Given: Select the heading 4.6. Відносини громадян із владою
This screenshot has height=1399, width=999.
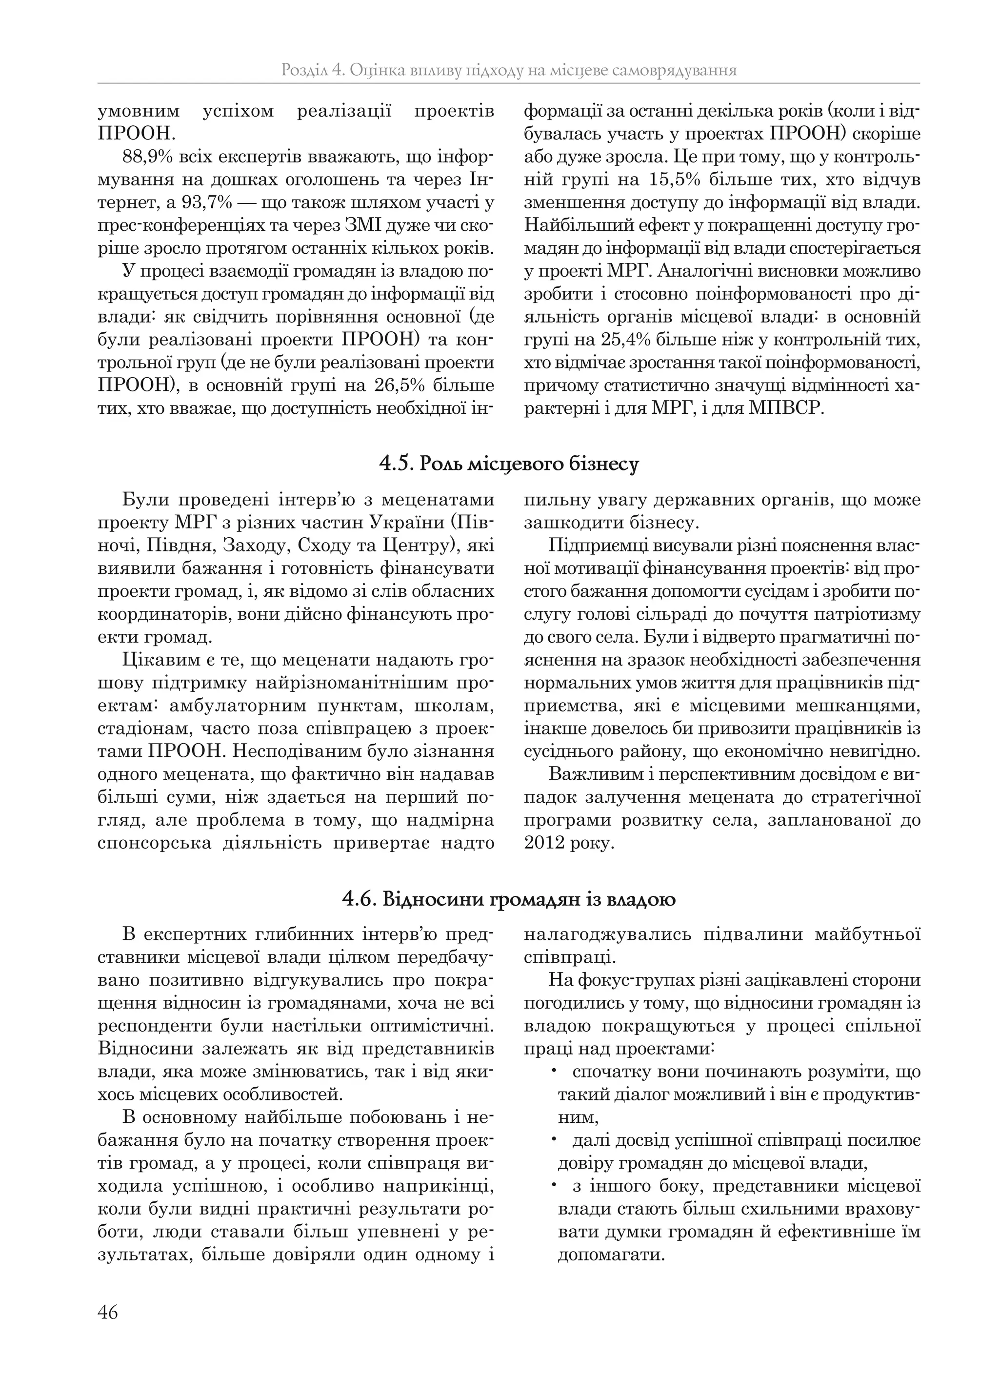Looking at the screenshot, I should tap(509, 899).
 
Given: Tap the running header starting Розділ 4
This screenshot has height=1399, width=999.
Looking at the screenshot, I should tap(508, 70).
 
